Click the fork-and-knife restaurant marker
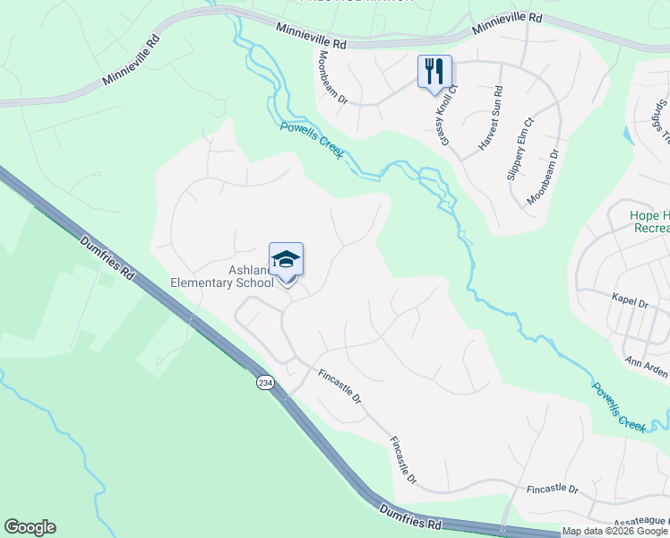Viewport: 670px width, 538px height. (434, 72)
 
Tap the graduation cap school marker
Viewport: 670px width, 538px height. (286, 261)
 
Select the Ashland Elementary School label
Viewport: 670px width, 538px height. (222, 277)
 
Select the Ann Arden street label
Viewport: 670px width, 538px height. (648, 362)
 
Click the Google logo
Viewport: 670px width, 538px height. (30, 527)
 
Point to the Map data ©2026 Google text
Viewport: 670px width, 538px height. (614, 531)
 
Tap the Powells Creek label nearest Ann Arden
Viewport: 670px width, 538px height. (619, 408)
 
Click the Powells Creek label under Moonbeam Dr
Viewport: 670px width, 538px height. (312, 141)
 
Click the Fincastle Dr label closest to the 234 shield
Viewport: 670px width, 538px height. (338, 384)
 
